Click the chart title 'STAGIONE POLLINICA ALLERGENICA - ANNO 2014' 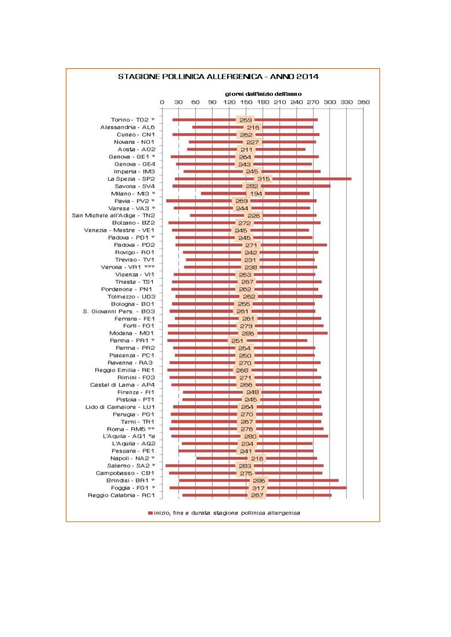[218, 77]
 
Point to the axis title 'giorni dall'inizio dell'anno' [263, 94]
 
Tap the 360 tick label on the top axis [364, 102]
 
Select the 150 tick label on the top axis [246, 102]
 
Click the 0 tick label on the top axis [162, 102]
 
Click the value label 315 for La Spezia [263, 179]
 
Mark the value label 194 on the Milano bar [256, 193]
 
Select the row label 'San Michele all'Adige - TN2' [113, 215]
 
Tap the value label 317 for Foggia [258, 488]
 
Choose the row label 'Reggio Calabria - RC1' [121, 495]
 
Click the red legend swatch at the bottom [150, 513]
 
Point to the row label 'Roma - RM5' [130, 429]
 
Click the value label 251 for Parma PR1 [237, 341]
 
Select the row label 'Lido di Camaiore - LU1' [120, 407]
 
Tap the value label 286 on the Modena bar [248, 333]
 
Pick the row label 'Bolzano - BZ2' [133, 223]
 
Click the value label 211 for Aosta [247, 149]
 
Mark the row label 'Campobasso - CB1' [125, 473]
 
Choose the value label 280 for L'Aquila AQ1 [250, 436]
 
